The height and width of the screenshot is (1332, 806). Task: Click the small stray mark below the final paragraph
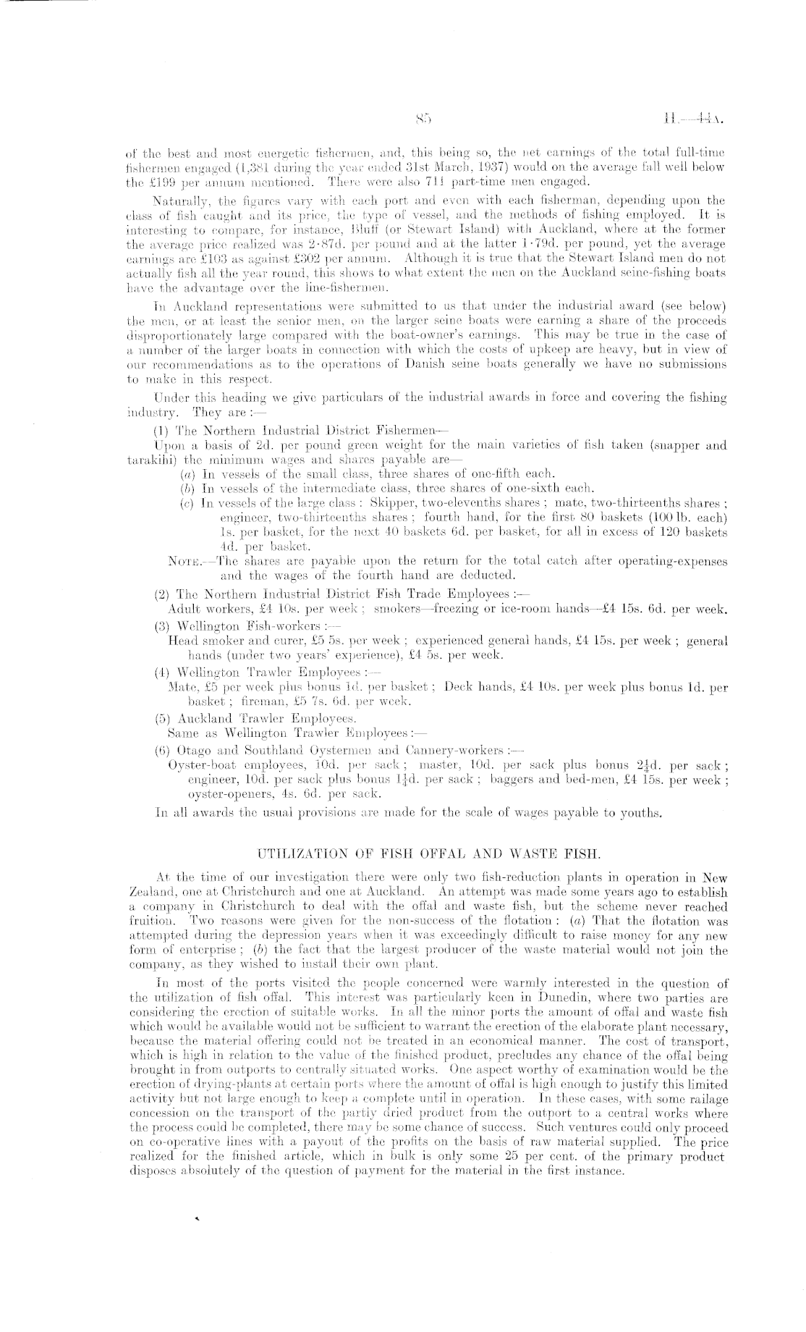point(196,1219)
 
